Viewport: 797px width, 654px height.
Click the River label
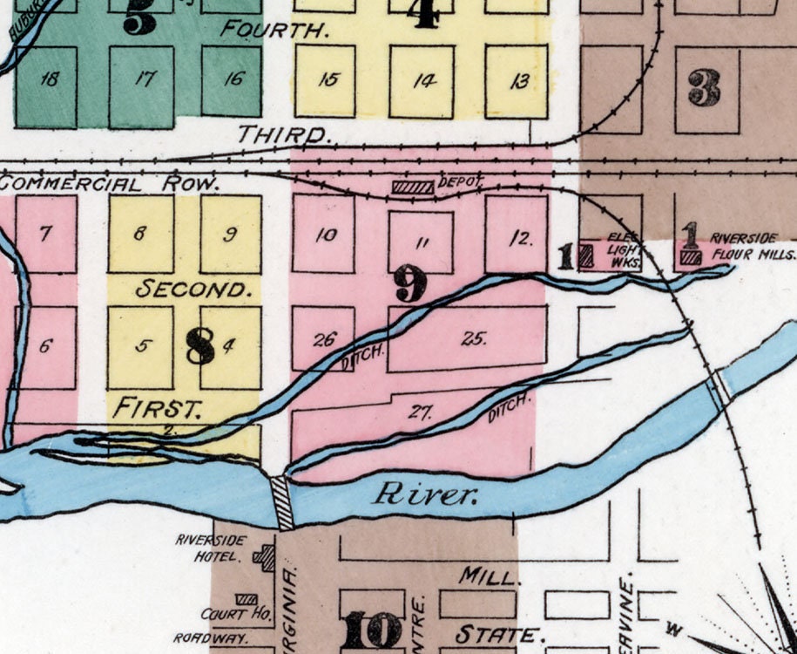pos(426,495)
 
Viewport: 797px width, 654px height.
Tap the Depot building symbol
pos(412,187)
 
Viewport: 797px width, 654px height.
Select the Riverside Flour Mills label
pos(753,246)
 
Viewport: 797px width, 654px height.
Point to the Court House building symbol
pos(247,600)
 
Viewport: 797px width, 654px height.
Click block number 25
pos(473,338)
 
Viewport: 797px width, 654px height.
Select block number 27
pos(421,412)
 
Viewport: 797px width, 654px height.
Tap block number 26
pos(323,339)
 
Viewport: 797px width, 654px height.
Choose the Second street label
pos(194,289)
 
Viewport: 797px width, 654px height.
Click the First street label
pos(159,406)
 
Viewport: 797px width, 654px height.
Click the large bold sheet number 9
pos(409,283)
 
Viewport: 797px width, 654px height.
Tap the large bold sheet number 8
pos(199,345)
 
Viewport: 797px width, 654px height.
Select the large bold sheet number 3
pos(703,88)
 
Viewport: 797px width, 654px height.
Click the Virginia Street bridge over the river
pos(283,503)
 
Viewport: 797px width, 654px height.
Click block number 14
pos(424,81)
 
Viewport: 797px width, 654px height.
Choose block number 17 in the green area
pos(143,78)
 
